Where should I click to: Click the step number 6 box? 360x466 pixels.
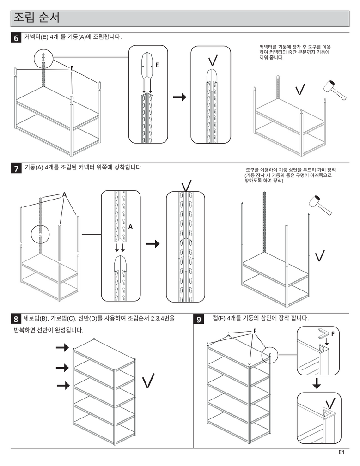pyautogui.click(x=16, y=39)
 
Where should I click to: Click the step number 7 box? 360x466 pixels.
pyautogui.click(x=16, y=169)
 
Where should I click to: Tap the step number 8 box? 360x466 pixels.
pyautogui.click(x=16, y=319)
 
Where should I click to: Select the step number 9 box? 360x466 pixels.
pyautogui.click(x=199, y=319)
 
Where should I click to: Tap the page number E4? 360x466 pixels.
pyautogui.click(x=342, y=452)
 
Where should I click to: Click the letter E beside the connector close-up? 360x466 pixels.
pyautogui.click(x=157, y=66)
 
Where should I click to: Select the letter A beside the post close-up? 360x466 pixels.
pyautogui.click(x=131, y=227)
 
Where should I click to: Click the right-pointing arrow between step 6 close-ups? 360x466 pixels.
pyautogui.click(x=179, y=97)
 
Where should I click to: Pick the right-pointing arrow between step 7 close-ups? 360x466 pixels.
pyautogui.click(x=153, y=244)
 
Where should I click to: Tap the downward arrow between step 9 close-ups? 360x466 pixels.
pyautogui.click(x=317, y=383)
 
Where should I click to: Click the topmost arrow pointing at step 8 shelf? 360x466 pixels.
pyautogui.click(x=62, y=347)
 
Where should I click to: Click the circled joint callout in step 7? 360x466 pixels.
pyautogui.click(x=40, y=235)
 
